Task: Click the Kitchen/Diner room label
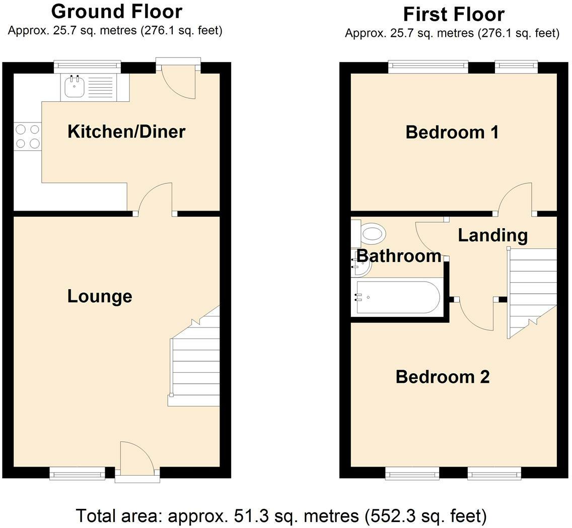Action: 126,131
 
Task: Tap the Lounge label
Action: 100,296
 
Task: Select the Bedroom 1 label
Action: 452,132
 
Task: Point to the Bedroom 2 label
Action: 443,376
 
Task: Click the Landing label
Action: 493,235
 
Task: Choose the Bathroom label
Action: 399,256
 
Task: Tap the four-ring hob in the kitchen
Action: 28,136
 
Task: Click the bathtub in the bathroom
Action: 397,297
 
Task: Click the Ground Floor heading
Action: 117,11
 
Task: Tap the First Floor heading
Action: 454,15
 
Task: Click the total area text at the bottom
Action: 281,516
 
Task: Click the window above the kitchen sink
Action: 88,67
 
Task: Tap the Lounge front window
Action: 78,473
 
